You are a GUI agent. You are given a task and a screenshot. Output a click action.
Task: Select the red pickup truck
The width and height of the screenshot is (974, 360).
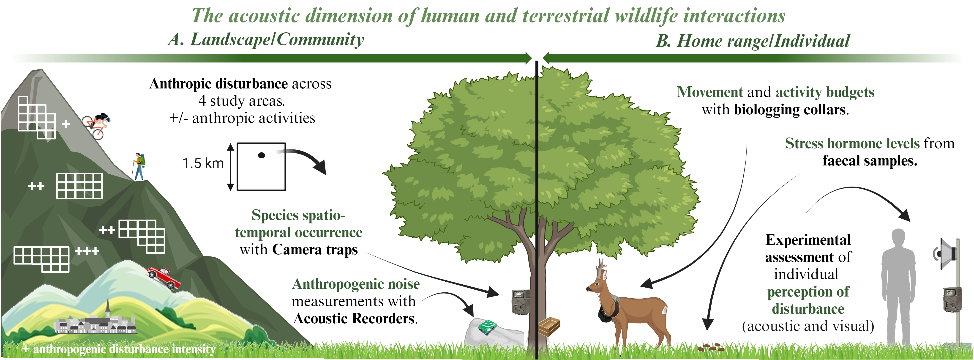(164, 277)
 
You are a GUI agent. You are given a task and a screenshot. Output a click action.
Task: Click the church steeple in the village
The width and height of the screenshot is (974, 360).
(108, 308)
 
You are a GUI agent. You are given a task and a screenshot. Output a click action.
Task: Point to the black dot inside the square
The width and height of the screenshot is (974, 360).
(261, 155)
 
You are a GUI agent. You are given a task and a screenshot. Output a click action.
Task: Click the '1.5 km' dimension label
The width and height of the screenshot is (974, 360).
(203, 163)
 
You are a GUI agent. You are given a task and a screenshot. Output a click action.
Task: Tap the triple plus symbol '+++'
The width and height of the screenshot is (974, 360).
(87, 251)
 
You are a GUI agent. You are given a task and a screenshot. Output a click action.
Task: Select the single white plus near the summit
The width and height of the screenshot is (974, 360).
(66, 124)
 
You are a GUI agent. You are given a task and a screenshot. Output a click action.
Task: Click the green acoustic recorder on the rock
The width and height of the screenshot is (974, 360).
(488, 327)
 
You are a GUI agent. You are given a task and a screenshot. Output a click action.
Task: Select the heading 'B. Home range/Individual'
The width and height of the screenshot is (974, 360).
(753, 41)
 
